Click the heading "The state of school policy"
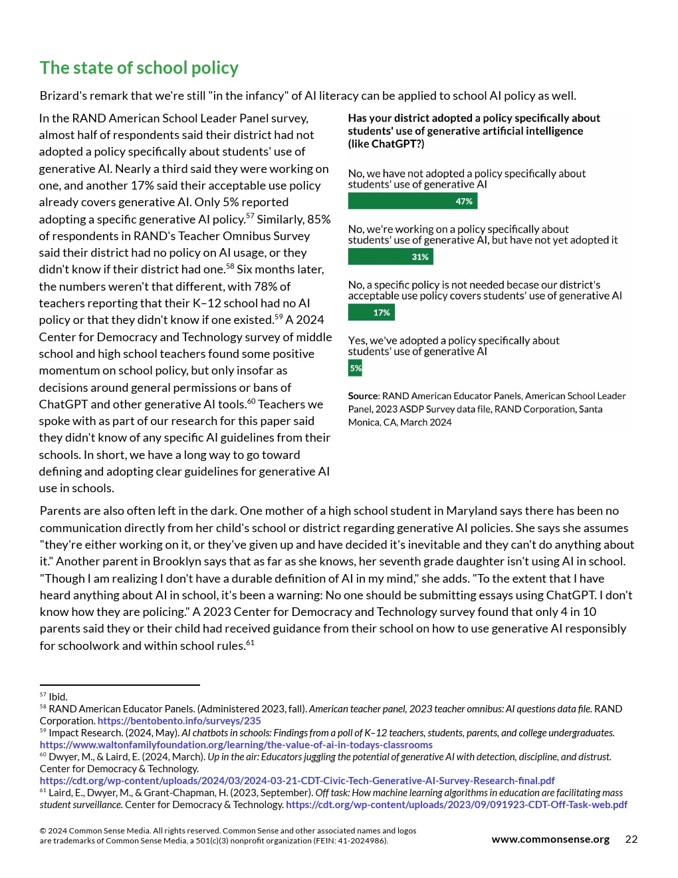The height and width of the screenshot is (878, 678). [x=139, y=68]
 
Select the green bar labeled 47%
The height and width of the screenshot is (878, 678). [x=412, y=201]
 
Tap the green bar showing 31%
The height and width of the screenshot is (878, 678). [x=390, y=257]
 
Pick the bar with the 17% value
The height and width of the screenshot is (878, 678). [x=371, y=313]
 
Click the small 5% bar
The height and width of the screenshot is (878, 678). [x=355, y=368]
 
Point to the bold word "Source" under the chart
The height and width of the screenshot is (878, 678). [x=362, y=396]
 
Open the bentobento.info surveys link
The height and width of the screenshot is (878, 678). [x=179, y=721]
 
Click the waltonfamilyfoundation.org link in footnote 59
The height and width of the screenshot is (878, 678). [x=236, y=745]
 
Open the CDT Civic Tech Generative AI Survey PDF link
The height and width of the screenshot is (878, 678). [x=296, y=781]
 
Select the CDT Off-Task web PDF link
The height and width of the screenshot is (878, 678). [x=456, y=805]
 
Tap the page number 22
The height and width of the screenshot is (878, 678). [x=631, y=839]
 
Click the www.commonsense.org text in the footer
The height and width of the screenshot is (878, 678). [x=550, y=839]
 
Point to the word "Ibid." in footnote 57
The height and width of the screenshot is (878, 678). [x=58, y=697]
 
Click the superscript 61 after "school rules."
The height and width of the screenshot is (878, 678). [x=250, y=643]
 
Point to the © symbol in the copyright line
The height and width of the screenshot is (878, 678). [x=43, y=831]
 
